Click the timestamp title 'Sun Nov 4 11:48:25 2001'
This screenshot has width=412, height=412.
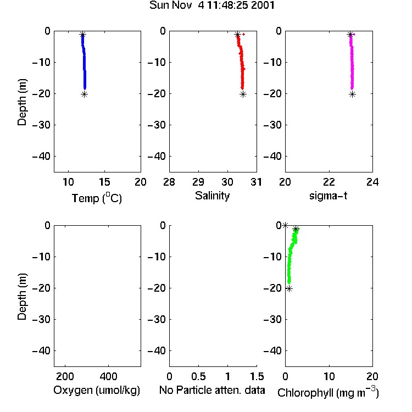point(212,5)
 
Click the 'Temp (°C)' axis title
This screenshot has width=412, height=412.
point(97,198)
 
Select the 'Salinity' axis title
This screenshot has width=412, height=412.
point(212,196)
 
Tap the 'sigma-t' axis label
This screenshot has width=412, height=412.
point(328,196)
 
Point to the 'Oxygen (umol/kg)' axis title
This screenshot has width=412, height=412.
point(97,390)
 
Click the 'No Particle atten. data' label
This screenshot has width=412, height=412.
point(212,390)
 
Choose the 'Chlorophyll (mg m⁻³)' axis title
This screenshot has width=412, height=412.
point(328,392)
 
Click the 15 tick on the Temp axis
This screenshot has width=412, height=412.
point(104,182)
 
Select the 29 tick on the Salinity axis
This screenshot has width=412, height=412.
point(198,182)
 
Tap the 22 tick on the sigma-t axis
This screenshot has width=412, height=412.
point(329,182)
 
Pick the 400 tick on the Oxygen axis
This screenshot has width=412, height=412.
point(109,376)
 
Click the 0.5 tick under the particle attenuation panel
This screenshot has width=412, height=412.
point(198,376)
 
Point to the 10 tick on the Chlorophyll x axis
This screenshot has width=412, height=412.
point(329,376)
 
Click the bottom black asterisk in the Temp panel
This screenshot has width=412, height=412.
point(84,94)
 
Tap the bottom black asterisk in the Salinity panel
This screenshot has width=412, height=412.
point(243,94)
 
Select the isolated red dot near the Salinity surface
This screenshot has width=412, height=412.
point(244,34)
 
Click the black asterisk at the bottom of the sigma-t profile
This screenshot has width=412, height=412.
point(352,94)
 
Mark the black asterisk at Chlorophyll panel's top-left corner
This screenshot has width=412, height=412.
point(285,225)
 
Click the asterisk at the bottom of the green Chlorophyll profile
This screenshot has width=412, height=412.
point(289,289)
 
